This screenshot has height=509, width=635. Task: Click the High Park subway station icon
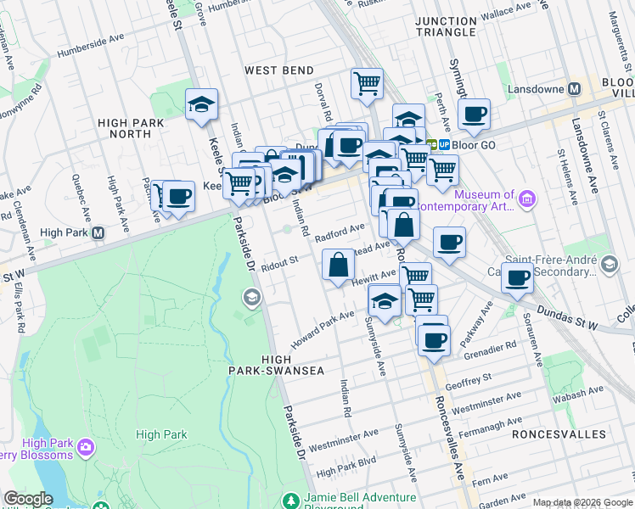[x=98, y=232]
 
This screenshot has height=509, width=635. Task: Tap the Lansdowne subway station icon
[x=574, y=88]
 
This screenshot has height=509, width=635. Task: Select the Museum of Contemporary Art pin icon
[x=527, y=200]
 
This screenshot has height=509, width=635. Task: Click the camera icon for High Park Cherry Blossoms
[x=85, y=447]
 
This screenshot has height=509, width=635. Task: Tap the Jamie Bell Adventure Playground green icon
[x=291, y=500]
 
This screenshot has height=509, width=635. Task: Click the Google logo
[x=28, y=499]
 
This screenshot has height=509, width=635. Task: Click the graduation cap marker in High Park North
[x=201, y=105]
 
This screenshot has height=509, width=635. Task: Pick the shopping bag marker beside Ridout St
[x=339, y=265]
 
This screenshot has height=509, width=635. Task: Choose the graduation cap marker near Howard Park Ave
[x=385, y=301]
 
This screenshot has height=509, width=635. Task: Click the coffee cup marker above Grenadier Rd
[x=434, y=339]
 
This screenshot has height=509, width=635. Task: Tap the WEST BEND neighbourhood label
[x=278, y=70]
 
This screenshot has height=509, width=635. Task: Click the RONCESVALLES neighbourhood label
[x=559, y=433]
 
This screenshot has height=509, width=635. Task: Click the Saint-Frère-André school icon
[x=609, y=266]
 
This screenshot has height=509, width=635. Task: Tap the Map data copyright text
[x=582, y=502]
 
